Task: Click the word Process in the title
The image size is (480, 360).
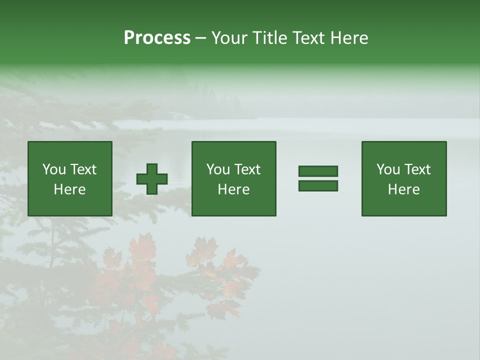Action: tap(157, 38)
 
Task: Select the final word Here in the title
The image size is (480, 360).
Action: tap(349, 38)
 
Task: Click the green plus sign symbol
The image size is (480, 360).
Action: tap(152, 178)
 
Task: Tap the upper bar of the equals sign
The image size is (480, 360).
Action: tap(318, 171)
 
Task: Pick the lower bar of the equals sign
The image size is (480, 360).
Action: tap(318, 185)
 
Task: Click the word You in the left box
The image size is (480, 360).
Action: tap(54, 169)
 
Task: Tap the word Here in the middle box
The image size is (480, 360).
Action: tap(234, 189)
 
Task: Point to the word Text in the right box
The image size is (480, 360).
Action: tap(417, 169)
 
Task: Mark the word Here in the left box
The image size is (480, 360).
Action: tap(70, 189)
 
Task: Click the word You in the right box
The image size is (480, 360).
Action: tap(388, 169)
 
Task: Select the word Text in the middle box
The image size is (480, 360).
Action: tap(247, 169)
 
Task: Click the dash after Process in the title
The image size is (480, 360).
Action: tap(200, 38)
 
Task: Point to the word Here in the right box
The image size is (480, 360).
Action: tap(404, 189)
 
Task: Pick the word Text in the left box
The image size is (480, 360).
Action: tap(83, 169)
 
